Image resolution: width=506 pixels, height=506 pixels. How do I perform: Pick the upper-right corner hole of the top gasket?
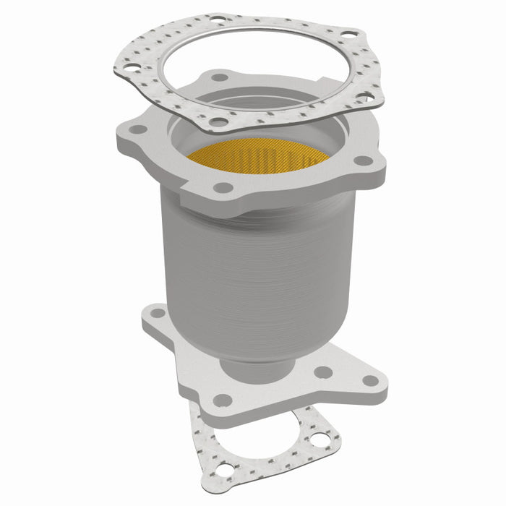pos(348,35)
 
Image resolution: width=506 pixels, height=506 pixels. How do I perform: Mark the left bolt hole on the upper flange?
pos(134,130)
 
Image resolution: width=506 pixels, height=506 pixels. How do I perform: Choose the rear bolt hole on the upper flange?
pos(219,77)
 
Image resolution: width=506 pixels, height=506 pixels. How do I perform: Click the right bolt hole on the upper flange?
pos(364,160)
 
